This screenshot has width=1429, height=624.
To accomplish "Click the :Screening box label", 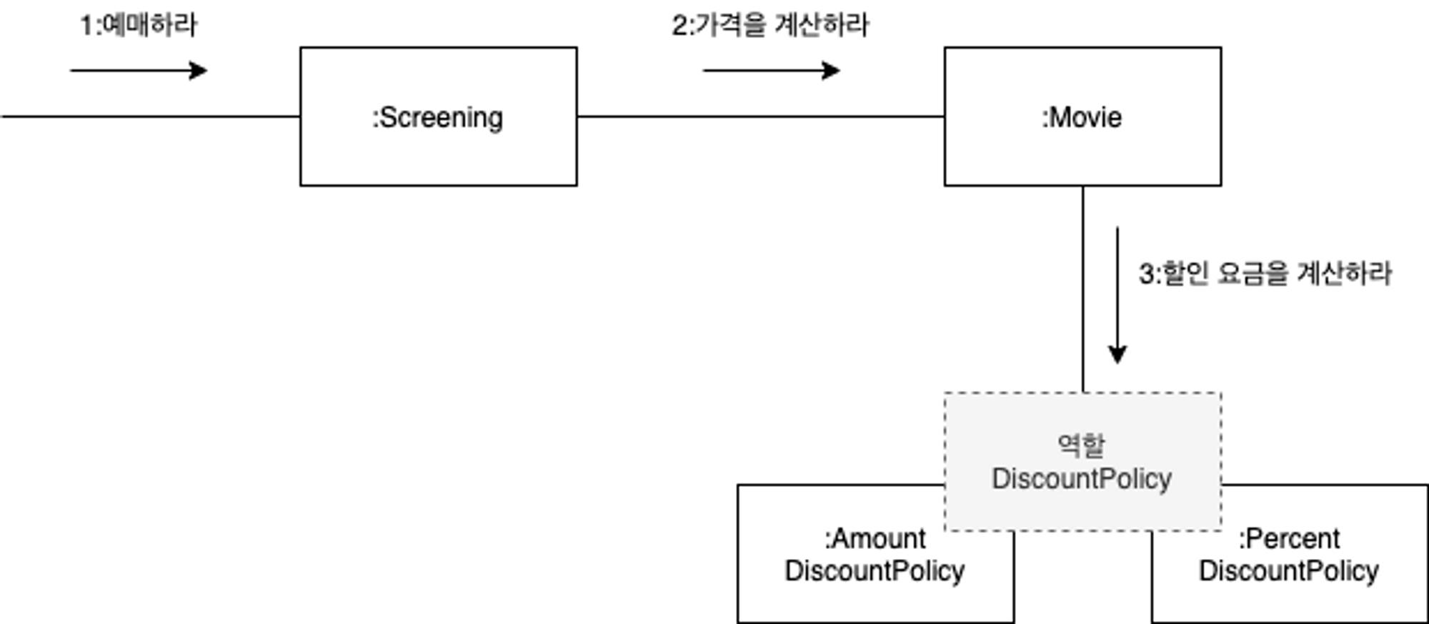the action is click(x=437, y=118).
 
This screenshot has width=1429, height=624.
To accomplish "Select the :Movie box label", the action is click(x=1082, y=117).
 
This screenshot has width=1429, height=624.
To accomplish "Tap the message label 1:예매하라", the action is click(x=139, y=26).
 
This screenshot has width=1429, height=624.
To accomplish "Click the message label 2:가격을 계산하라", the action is click(x=770, y=26).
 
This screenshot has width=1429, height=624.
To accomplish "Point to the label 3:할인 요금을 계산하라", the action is click(x=1265, y=274).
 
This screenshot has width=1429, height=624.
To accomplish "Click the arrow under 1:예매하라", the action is click(x=139, y=71).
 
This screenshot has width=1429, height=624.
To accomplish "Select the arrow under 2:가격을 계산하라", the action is click(x=772, y=71).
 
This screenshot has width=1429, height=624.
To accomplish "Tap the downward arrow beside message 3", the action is click(x=1117, y=295).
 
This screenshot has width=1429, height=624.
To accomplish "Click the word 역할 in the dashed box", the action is click(x=1082, y=445).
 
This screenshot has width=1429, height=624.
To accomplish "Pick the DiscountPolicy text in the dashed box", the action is click(x=1082, y=479).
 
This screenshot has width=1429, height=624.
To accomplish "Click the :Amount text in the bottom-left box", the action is click(x=875, y=538).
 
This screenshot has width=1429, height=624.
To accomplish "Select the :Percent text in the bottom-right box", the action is click(x=1289, y=538).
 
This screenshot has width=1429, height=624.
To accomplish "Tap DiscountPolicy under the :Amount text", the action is click(x=875, y=571).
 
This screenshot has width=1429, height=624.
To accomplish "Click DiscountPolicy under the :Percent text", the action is click(x=1289, y=571).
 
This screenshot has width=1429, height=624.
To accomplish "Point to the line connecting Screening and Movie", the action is click(x=761, y=117).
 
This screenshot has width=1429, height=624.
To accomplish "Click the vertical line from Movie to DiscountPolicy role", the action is click(x=1082, y=289).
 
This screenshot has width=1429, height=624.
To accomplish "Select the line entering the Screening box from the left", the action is click(x=150, y=117).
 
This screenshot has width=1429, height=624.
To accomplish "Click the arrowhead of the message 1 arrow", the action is click(x=199, y=71).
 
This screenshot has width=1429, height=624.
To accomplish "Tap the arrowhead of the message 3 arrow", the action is click(x=1117, y=355).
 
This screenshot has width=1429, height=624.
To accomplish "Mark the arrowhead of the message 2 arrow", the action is click(x=832, y=71).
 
